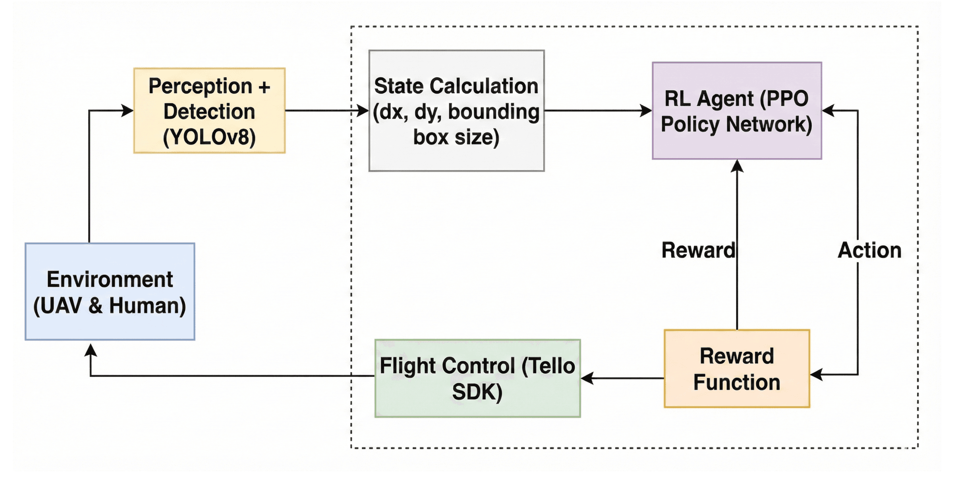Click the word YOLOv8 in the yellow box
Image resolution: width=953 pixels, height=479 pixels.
pyautogui.click(x=210, y=137)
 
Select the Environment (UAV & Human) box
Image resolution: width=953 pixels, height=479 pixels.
pyautogui.click(x=110, y=291)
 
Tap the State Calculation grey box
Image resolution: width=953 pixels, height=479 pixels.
pyautogui.click(x=456, y=111)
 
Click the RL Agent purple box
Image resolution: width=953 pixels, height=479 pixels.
pyautogui.click(x=737, y=111)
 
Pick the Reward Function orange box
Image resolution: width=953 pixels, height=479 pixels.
pyautogui.click(x=737, y=369)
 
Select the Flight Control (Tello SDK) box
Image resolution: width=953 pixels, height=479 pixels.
pyautogui.click(x=477, y=378)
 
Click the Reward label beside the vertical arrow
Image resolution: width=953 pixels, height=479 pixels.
pyautogui.click(x=698, y=250)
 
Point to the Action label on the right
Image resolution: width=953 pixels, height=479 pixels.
pyautogui.click(x=870, y=250)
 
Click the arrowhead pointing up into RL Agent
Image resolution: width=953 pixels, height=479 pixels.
pyautogui.click(x=737, y=166)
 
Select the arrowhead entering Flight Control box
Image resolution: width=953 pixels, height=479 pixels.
pyautogui.click(x=587, y=378)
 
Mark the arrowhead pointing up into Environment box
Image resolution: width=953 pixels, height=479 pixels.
pyautogui.click(x=91, y=349)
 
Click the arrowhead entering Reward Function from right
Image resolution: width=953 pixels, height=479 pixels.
pyautogui.click(x=816, y=374)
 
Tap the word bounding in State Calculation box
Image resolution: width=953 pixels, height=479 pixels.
pyautogui.click(x=494, y=112)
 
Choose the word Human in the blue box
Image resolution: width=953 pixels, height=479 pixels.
pyautogui.click(x=147, y=306)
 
